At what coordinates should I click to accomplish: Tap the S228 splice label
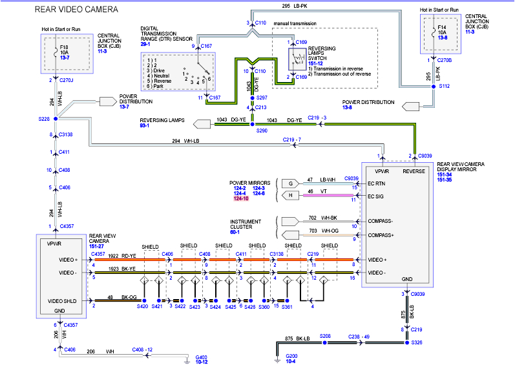[44, 119]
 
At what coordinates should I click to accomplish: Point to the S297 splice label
[262, 98]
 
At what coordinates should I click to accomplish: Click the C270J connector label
[66, 81]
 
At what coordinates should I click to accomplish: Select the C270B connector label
[445, 60]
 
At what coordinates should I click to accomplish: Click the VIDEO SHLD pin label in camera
[63, 301]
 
